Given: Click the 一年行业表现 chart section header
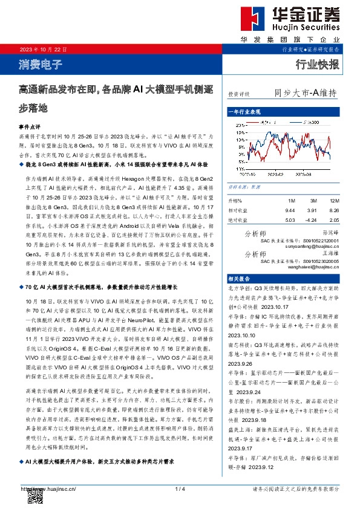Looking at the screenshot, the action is (x=244, y=112).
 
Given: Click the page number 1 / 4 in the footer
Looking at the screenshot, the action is (x=179, y=488).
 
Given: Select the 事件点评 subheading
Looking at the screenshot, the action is (x=30, y=128).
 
